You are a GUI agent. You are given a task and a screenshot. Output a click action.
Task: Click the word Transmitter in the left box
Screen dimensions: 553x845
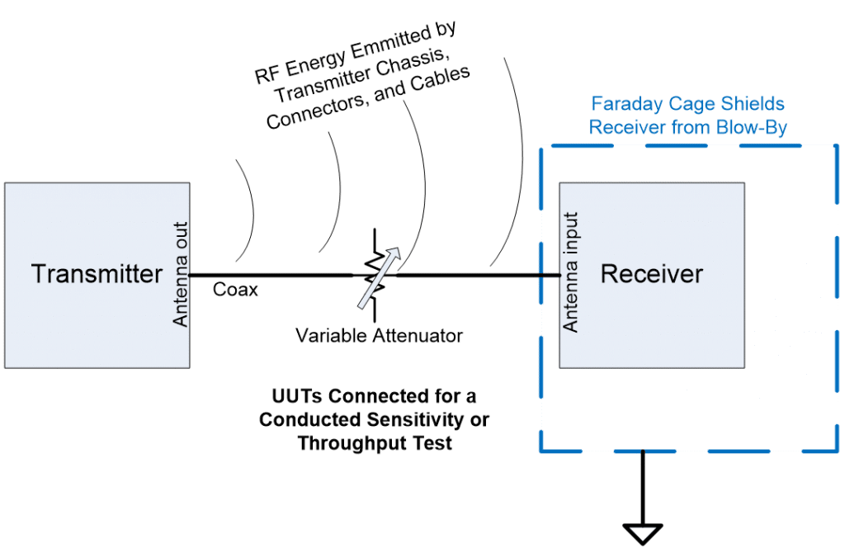pyautogui.click(x=97, y=273)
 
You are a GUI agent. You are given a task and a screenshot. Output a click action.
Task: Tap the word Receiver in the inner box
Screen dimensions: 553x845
pyautogui.click(x=651, y=273)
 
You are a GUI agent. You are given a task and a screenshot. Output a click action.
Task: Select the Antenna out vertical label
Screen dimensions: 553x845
pyautogui.click(x=182, y=273)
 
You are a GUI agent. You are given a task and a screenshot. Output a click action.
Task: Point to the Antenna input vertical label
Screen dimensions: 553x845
pyautogui.click(x=571, y=272)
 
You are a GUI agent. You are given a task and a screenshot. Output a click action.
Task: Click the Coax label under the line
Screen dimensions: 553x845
pyautogui.click(x=235, y=290)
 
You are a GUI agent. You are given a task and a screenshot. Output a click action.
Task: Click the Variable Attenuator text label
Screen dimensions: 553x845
pyautogui.click(x=380, y=336)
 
